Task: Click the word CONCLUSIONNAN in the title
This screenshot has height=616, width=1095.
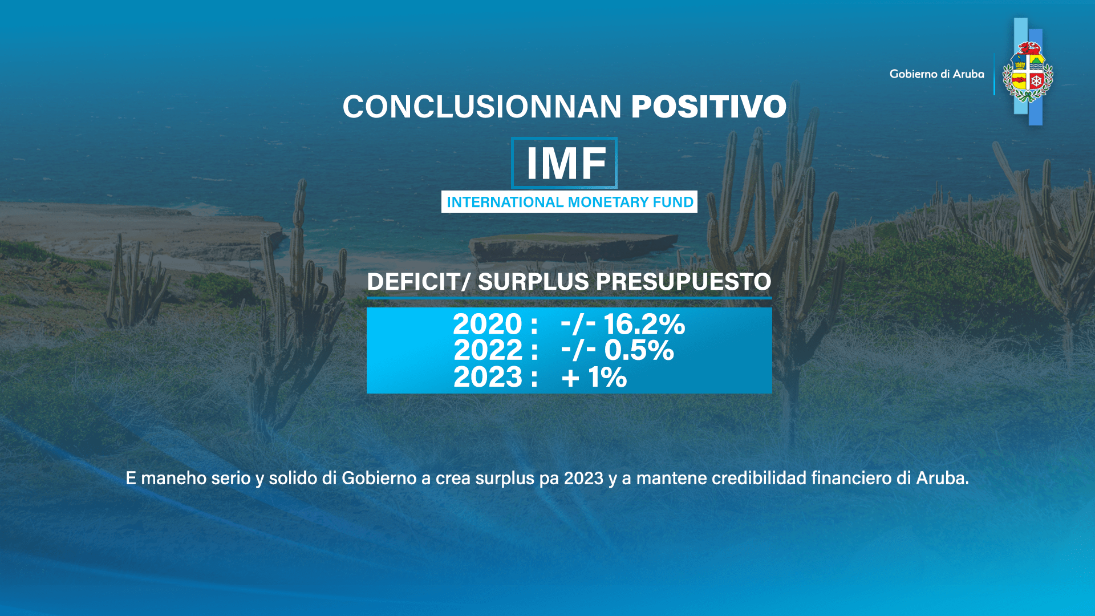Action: coord(482,107)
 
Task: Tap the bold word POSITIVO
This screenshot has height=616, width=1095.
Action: coord(708,107)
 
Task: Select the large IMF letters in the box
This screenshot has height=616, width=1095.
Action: coord(565,164)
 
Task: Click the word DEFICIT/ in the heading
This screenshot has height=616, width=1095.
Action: coord(419,282)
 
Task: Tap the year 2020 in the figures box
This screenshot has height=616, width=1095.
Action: coord(488,324)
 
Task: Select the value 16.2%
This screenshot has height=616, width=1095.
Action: coord(644,324)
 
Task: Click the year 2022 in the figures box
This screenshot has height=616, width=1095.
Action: coord(488,350)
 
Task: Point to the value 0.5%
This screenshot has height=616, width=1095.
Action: coord(639,350)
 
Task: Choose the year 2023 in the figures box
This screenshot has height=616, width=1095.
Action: coord(488,377)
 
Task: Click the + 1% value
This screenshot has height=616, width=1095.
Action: coord(594,377)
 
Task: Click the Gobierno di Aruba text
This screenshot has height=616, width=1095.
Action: coord(936,74)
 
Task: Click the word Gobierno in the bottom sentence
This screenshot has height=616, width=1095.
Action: coord(379,478)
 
